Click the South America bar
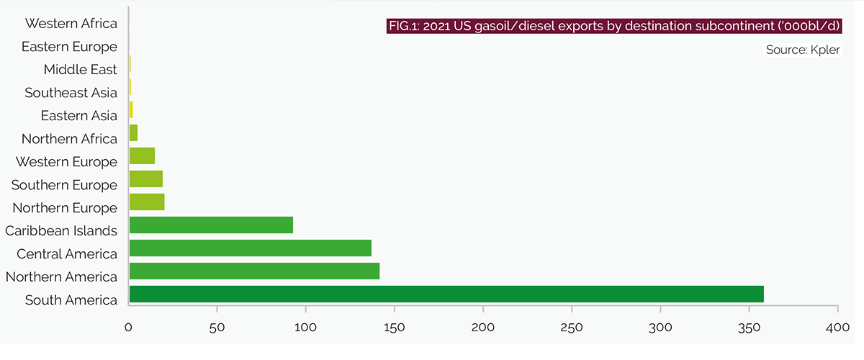click(x=446, y=294)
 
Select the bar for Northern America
click(x=254, y=271)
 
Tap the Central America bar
click(x=250, y=248)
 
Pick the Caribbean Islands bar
click(x=211, y=225)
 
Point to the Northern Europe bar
click(x=147, y=202)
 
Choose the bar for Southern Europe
click(x=146, y=179)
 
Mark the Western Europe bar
click(x=142, y=156)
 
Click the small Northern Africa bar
click(x=133, y=133)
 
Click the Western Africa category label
click(x=71, y=24)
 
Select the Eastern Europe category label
click(x=69, y=47)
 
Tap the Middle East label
click(x=80, y=70)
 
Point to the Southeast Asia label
click(x=71, y=93)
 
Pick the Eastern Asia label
click(x=78, y=116)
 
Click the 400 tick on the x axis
click(x=837, y=328)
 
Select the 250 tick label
click(x=572, y=328)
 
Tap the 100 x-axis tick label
click(x=305, y=328)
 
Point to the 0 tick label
click(x=129, y=328)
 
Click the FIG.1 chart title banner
click(x=614, y=27)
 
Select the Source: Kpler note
click(x=801, y=50)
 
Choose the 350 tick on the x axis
click(x=749, y=328)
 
